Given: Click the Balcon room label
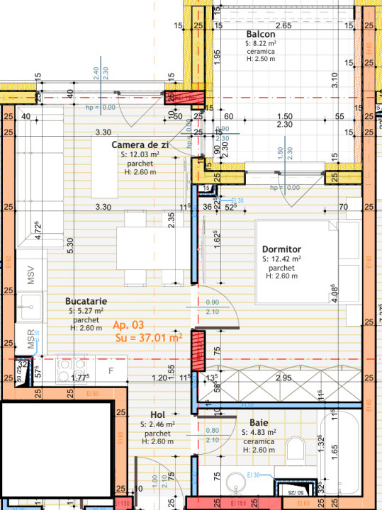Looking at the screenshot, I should coord(261,34).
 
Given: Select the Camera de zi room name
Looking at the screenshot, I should coord(140,144).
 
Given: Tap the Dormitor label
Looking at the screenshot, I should coord(281,249).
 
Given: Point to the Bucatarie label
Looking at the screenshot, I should coord(86,300).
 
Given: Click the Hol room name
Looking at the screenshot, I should coord(157,414).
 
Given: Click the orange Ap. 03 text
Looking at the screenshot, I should coord(128,325).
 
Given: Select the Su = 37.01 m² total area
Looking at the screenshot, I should coord(148,338).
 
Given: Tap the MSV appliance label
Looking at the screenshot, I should coord(31,276).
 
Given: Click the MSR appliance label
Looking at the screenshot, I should coord(31,341).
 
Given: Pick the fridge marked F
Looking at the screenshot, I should coord(111,370).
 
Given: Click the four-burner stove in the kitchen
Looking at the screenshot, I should coord(71,368).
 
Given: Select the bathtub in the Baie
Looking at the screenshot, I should coord(339,453).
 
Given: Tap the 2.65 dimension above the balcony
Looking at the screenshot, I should coord(283,25).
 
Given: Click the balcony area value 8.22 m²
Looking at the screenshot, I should coord(264,43).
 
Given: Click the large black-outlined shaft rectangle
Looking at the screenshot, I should coord(56,454).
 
